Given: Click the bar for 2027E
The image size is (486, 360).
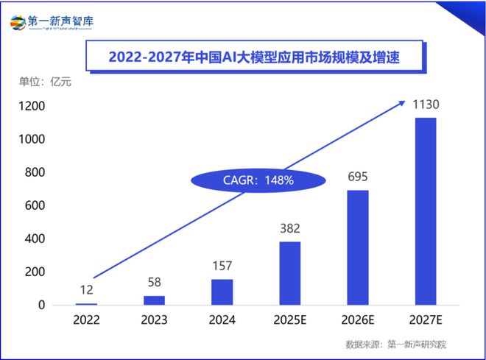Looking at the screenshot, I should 425,211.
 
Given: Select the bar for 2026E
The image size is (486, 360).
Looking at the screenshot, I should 357,247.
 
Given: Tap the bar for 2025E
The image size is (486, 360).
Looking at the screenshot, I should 289,273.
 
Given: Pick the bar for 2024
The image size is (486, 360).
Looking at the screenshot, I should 222,292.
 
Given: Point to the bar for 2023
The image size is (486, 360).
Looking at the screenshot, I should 154,300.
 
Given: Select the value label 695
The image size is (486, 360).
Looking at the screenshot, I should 357,178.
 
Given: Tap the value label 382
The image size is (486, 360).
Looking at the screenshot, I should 289,230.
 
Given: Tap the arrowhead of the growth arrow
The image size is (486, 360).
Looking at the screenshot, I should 401,102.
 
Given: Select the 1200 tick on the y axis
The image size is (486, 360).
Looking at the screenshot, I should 32,106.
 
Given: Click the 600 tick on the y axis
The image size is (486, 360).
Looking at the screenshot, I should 35,205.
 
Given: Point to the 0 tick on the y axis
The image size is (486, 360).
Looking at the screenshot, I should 41,305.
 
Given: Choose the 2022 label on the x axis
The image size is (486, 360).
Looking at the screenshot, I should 86,320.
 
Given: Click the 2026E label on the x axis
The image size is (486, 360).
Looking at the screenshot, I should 357,320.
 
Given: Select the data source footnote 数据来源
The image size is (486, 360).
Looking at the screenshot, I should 396,345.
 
